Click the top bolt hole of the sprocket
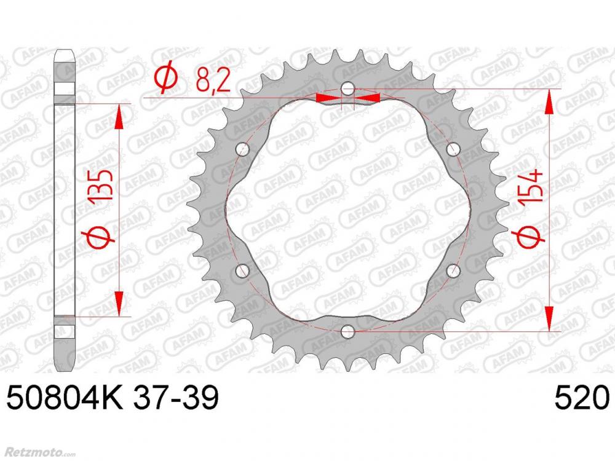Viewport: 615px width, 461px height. tap(347, 89)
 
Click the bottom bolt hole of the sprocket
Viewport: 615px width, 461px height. tap(347, 332)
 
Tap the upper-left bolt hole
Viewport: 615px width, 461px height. tap(243, 149)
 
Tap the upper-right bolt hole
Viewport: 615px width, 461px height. tap(453, 149)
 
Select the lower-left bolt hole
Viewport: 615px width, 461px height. tap(243, 270)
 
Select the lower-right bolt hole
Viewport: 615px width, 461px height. tap(453, 270)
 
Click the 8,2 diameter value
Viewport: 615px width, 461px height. tap(213, 81)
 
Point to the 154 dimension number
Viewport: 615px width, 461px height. tap(531, 186)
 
